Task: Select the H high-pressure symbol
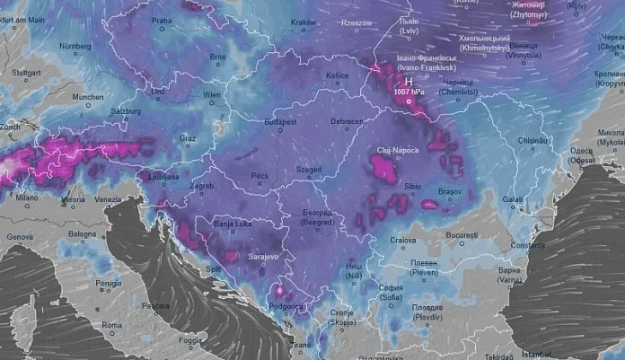(x=409, y=80)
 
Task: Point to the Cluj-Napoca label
(x=395, y=150)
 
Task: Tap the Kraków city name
(x=304, y=22)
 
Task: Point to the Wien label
(x=212, y=94)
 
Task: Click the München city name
(x=88, y=97)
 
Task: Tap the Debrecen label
(x=346, y=121)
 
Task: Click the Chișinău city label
(x=533, y=140)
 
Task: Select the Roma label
(x=112, y=324)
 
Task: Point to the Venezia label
(x=107, y=198)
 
